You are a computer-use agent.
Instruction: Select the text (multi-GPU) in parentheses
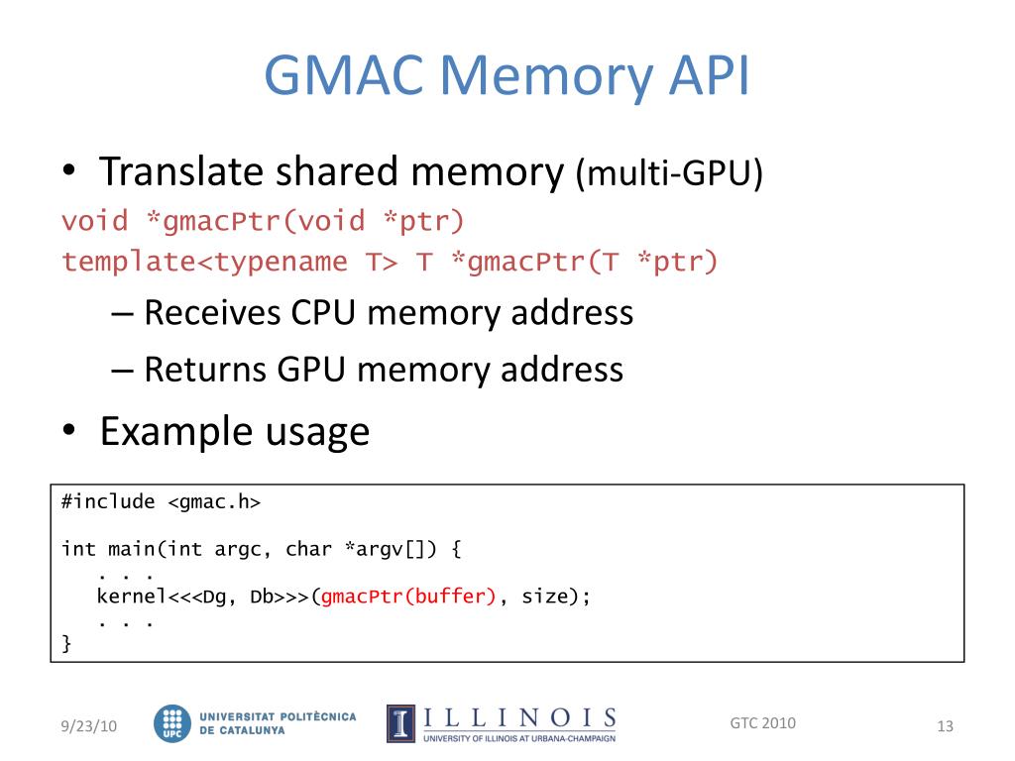pos(669,175)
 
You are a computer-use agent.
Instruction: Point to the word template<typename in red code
pos(204,262)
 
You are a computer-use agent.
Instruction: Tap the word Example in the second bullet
pos(165,431)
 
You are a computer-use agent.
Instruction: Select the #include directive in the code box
pos(108,501)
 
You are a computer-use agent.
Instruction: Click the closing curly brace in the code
pos(66,644)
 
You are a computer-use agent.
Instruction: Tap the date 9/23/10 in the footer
pos(87,727)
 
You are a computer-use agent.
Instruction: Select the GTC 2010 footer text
pos(762,722)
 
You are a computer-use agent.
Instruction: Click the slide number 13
pos(945,727)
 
